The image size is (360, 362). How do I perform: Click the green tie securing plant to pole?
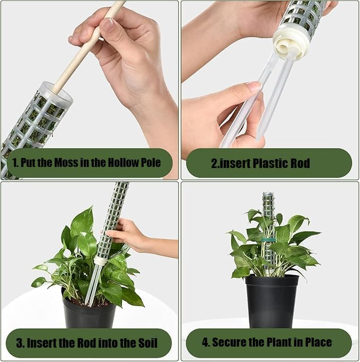point(269,240)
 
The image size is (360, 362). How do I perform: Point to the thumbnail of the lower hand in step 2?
point(254,87)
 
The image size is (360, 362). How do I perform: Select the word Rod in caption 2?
point(300,163)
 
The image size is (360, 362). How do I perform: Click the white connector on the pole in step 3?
point(100,261)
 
